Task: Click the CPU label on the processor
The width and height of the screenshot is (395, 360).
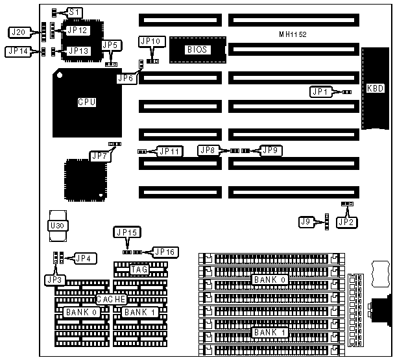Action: click(87, 101)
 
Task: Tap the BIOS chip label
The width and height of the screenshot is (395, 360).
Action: click(196, 49)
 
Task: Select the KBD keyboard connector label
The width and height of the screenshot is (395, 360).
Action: click(375, 88)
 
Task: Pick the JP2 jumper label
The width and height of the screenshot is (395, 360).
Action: click(347, 222)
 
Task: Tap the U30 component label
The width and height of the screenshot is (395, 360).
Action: click(57, 226)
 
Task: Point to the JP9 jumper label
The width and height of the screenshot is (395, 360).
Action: click(270, 150)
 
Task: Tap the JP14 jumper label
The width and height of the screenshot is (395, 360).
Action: click(18, 51)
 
